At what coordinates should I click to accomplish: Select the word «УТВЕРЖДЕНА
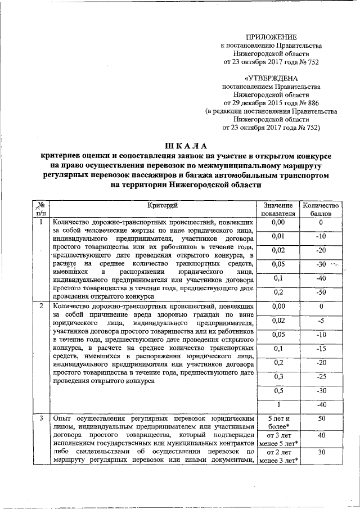(271, 79)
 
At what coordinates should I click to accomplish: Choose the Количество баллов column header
(320, 210)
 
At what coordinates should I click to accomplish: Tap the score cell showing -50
(320, 292)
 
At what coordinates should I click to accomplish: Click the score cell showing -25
(320, 376)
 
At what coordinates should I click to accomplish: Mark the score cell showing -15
(320, 349)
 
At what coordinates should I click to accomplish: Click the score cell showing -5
(320, 321)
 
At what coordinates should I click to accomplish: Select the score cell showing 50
(320, 419)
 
